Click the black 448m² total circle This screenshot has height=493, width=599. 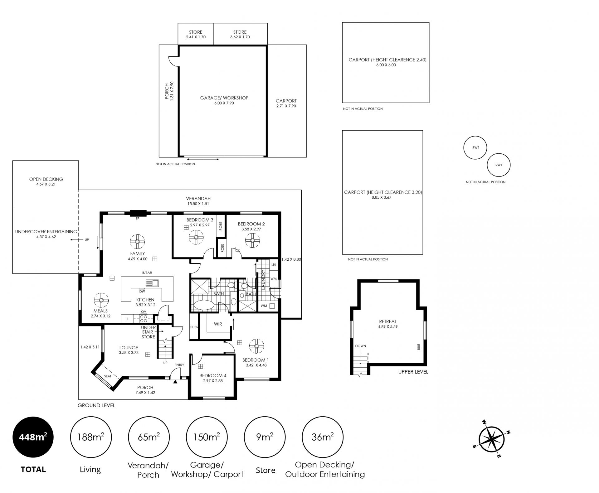coord(33,437)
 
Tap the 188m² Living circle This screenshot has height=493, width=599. coord(91,437)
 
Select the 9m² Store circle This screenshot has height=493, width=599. coord(265,437)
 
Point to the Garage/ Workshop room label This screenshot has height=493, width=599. coord(224,98)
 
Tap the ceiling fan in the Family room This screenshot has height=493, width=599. coord(137,242)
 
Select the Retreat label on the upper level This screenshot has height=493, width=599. coord(387,321)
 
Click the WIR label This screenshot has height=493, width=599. coord(218,324)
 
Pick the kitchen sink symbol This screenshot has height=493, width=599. coord(152,283)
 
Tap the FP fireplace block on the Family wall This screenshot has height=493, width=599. coord(138,213)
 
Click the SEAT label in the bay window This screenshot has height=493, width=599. coord(108,376)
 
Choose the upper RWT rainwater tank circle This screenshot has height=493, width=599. coord(475,147)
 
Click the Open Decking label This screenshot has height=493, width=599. coord(46,179)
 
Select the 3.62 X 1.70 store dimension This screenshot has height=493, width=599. coord(240,37)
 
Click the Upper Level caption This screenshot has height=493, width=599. coord(413,372)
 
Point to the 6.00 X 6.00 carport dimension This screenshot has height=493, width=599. coord(386,65)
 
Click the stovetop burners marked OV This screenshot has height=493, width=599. coord(144,318)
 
